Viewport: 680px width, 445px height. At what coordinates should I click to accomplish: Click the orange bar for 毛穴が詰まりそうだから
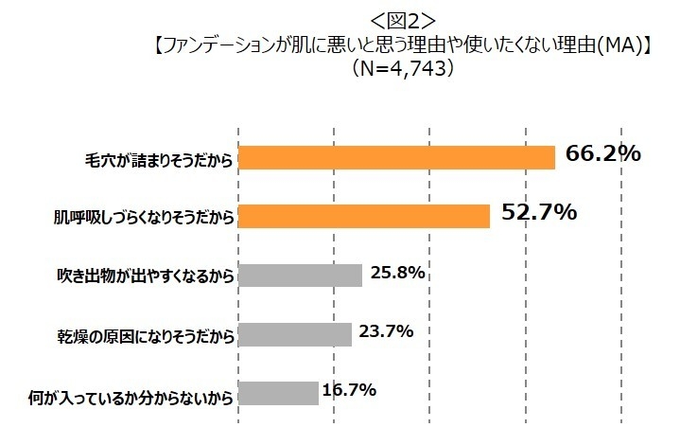pyautogui.click(x=395, y=157)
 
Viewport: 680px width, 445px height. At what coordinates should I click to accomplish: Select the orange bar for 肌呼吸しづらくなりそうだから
pyautogui.click(x=363, y=216)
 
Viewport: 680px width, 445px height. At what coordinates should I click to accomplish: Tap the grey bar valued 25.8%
pyautogui.click(x=300, y=276)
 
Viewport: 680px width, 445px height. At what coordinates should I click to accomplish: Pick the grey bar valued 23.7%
pyautogui.click(x=294, y=334)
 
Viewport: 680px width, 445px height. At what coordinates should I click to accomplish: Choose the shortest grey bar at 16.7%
pyautogui.click(x=278, y=393)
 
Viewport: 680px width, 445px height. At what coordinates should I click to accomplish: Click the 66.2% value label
pyautogui.click(x=603, y=153)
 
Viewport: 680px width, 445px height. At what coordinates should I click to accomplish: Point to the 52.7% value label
pyautogui.click(x=539, y=213)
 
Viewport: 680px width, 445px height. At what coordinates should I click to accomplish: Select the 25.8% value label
pyautogui.click(x=397, y=274)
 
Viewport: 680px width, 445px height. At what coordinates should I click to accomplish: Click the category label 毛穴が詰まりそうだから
pyautogui.click(x=158, y=158)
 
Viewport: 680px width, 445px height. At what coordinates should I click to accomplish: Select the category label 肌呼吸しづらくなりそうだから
pyautogui.click(x=142, y=217)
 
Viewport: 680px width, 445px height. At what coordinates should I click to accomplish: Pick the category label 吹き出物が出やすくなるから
pyautogui.click(x=146, y=276)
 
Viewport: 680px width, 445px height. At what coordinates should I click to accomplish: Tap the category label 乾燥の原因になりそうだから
pyautogui.click(x=145, y=334)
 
